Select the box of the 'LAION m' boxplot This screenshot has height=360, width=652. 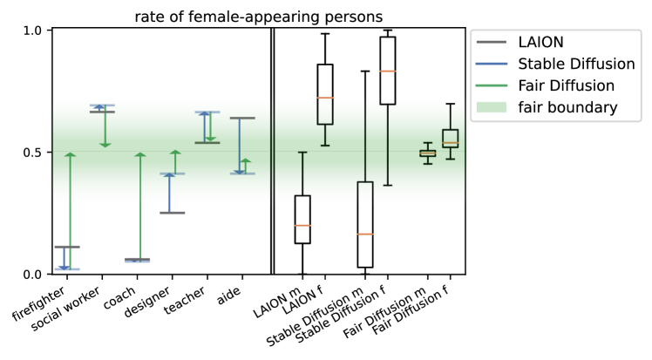click(302, 220)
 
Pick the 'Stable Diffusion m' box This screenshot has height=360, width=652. click(365, 225)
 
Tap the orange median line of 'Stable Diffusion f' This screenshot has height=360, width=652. click(388, 71)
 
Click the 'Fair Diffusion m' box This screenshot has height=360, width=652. click(427, 153)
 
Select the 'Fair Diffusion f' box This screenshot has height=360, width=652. click(450, 138)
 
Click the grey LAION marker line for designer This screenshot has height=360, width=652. click(172, 213)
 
